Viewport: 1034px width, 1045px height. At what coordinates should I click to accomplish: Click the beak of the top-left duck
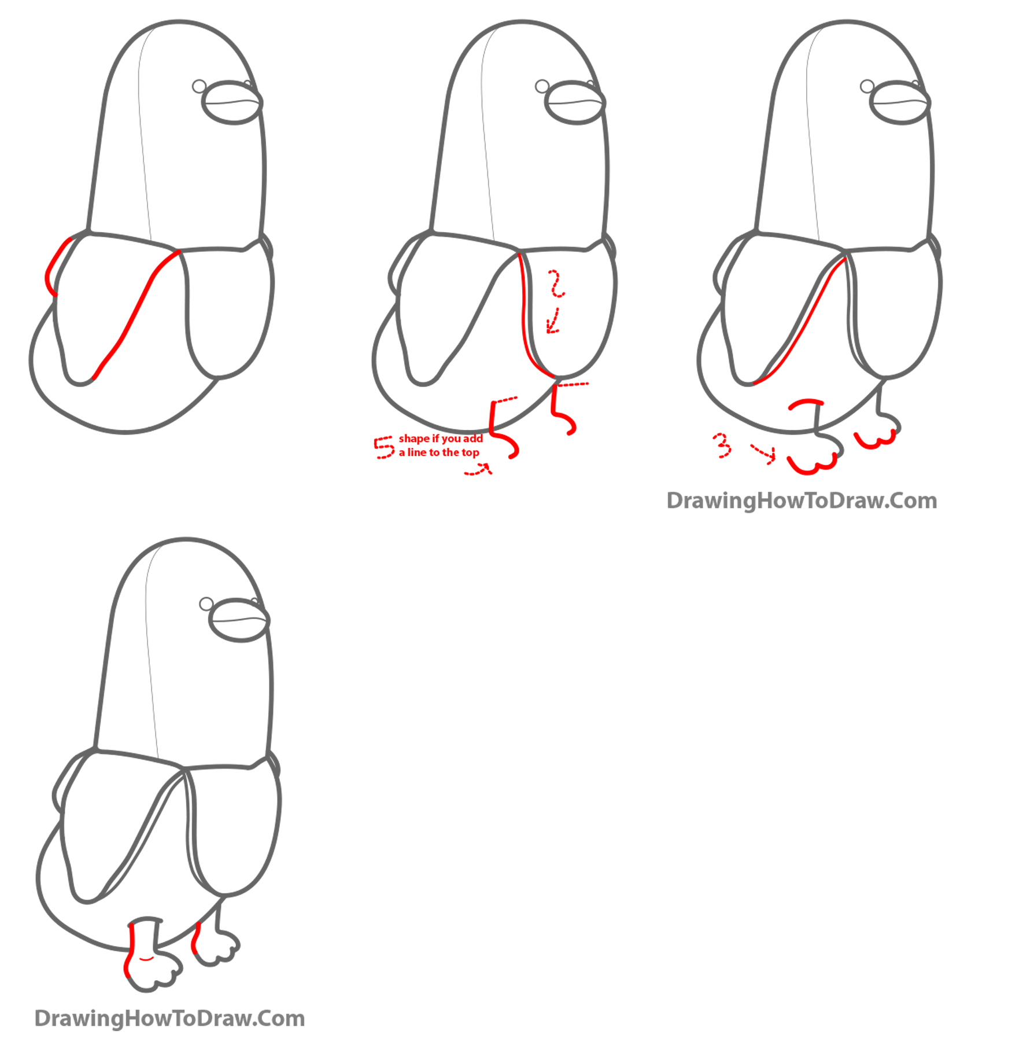(x=232, y=102)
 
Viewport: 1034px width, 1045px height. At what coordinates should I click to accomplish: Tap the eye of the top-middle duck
(x=542, y=86)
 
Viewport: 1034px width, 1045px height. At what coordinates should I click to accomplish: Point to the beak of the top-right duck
(x=899, y=102)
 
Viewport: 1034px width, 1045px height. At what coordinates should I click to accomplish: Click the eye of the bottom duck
(x=206, y=604)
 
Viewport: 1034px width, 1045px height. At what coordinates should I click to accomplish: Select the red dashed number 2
(x=556, y=283)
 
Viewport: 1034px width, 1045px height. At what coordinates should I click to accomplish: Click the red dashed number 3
(x=722, y=445)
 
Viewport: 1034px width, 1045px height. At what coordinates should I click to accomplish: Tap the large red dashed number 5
(x=383, y=447)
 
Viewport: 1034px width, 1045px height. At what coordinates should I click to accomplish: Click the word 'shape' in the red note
(x=415, y=439)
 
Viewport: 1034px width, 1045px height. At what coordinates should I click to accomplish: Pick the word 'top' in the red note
(x=471, y=452)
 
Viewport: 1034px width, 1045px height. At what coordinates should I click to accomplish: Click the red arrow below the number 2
(x=553, y=322)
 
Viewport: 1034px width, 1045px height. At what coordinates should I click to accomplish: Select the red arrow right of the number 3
(x=763, y=453)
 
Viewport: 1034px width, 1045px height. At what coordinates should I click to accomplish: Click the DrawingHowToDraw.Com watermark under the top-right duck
(x=802, y=501)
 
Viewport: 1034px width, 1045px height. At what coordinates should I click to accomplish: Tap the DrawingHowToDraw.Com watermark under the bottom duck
(x=169, y=1018)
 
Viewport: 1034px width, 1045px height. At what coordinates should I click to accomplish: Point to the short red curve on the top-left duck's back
(x=55, y=266)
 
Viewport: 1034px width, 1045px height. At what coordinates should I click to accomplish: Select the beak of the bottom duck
(x=239, y=620)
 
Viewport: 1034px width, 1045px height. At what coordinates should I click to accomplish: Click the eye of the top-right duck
(x=867, y=86)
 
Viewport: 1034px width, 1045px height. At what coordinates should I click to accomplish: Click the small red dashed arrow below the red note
(x=478, y=470)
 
